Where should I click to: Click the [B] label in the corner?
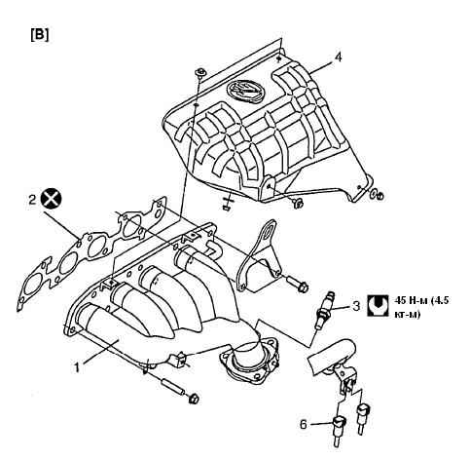point(40,35)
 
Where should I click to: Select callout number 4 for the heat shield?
point(338,57)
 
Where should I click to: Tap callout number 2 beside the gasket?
point(32,200)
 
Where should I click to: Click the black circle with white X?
point(52,198)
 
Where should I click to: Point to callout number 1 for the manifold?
point(77,367)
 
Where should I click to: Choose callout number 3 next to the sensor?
point(356,306)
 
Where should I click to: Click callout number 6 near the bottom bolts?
point(303,424)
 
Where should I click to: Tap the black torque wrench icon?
point(378,305)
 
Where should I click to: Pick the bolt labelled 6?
point(339,430)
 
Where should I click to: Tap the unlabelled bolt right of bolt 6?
point(363,418)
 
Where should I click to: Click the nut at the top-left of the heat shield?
point(201,73)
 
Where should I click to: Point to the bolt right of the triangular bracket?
point(297,284)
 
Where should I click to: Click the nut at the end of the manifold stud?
point(194,398)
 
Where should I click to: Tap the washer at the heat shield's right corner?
point(374,194)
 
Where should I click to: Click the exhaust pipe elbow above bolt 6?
point(332,355)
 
